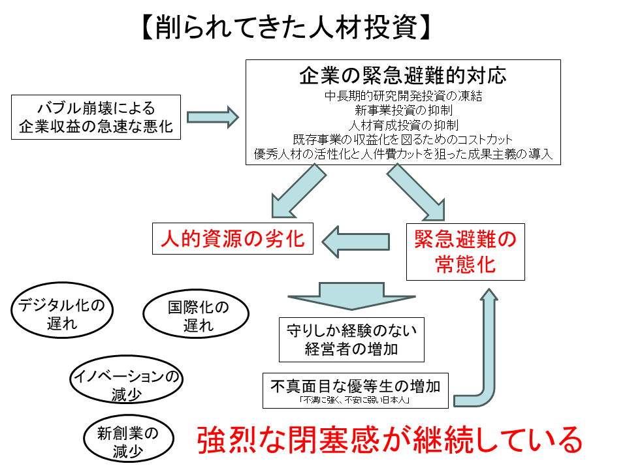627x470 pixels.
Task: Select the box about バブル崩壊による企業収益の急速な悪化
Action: click(96, 117)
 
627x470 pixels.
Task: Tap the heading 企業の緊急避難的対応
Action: click(402, 75)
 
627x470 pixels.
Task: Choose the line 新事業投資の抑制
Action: click(403, 110)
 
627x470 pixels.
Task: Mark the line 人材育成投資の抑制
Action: click(403, 125)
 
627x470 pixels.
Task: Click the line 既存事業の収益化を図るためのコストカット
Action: click(403, 139)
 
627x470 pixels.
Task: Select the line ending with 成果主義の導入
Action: click(403, 154)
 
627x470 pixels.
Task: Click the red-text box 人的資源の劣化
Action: click(233, 238)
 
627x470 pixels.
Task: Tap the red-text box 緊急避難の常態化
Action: click(465, 252)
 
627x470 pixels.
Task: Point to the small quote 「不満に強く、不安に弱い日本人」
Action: click(355, 400)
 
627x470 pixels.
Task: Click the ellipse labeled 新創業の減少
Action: click(128, 441)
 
